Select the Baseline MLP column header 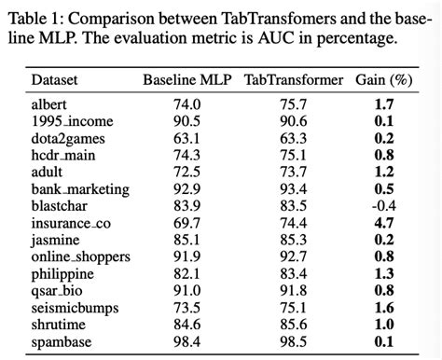pyautogui.click(x=186, y=80)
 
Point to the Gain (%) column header pyautogui.click(x=385, y=80)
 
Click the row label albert pyautogui.click(x=49, y=104)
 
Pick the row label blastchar pyautogui.click(x=58, y=205)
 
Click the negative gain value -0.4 pyautogui.click(x=382, y=205)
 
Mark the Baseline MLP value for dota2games pyautogui.click(x=186, y=138)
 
